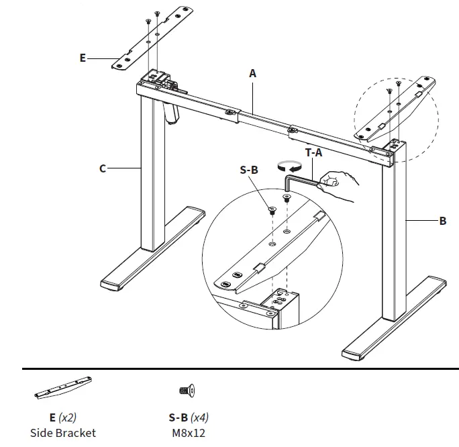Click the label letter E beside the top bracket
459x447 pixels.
point(83,58)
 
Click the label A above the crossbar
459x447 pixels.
point(253,73)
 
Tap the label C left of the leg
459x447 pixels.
point(103,168)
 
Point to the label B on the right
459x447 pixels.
point(442,220)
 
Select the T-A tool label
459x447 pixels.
point(314,152)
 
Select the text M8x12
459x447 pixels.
point(189,432)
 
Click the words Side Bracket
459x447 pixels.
point(63,432)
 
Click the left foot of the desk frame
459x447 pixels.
point(152,249)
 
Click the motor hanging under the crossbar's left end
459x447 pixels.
point(171,111)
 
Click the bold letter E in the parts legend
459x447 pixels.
point(53,417)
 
